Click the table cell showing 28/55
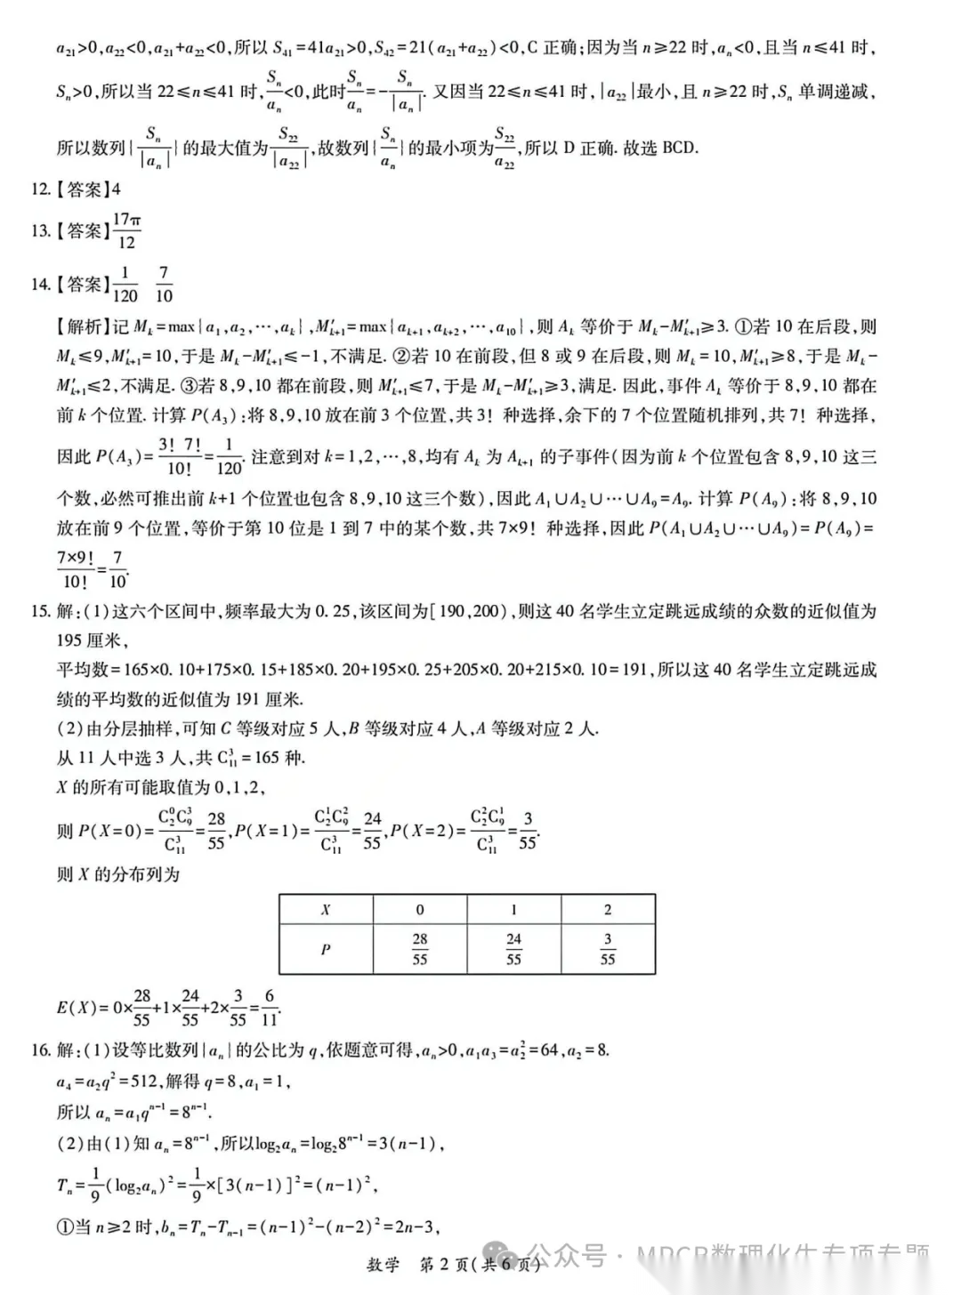click(x=420, y=949)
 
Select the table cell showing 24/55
click(x=513, y=949)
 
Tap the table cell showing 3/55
click(x=608, y=949)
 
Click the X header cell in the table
click(x=326, y=910)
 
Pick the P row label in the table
click(x=326, y=949)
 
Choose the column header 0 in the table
click(x=420, y=910)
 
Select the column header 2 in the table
click(x=608, y=910)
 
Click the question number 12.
click(x=40, y=189)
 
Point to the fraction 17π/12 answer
click(x=126, y=230)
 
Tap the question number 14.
click(x=40, y=285)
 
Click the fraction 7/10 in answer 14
click(x=164, y=285)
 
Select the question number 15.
click(x=40, y=611)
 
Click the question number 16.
click(x=40, y=1050)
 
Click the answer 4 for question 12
click(x=116, y=189)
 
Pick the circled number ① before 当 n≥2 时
click(x=65, y=1227)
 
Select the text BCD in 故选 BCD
click(x=680, y=148)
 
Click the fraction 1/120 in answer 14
click(x=125, y=285)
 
